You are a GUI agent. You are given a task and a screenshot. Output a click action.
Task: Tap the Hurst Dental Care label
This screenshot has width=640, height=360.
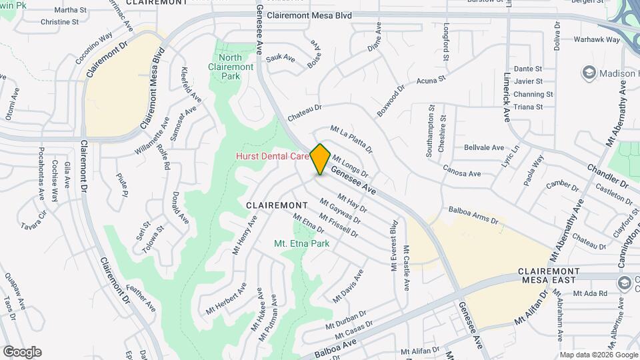tap(272, 156)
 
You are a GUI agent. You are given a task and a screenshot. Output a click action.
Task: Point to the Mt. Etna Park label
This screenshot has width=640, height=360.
tap(302, 243)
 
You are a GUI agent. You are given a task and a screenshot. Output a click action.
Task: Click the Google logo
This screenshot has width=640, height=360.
tap(22, 351)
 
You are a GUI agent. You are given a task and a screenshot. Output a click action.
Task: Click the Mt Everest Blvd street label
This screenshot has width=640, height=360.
tap(394, 245)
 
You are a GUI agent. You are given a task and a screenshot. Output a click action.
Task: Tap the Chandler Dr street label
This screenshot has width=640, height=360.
tap(608, 175)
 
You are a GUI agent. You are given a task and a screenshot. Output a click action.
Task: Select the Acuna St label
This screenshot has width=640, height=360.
tap(431, 81)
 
